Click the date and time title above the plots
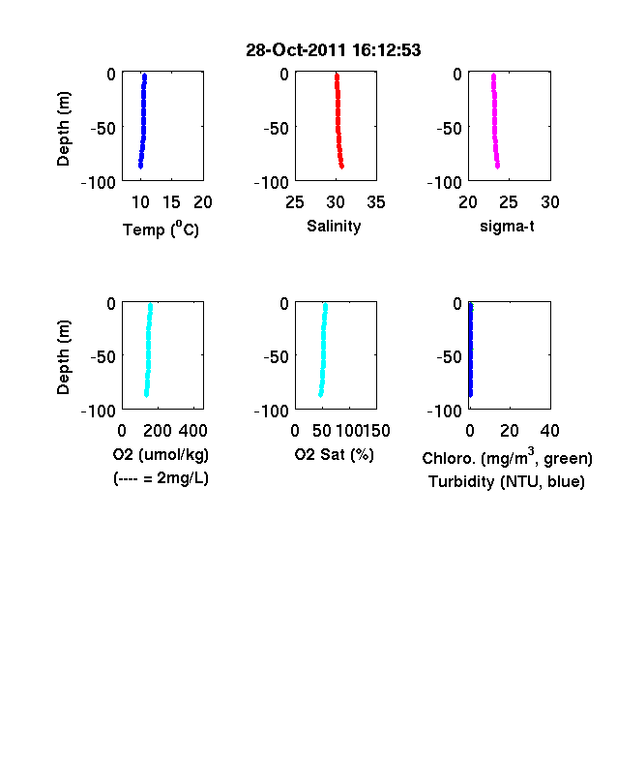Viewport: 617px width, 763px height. point(334,50)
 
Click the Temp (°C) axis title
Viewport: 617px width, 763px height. point(161,229)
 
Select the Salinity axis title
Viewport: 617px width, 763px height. point(334,227)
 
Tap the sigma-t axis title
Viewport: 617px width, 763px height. point(507,227)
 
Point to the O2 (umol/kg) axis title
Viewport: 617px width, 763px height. point(161,454)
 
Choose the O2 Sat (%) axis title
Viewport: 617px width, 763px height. point(334,454)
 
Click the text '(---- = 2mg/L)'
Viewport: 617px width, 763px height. point(161,478)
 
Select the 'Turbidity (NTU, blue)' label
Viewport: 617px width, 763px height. point(506,482)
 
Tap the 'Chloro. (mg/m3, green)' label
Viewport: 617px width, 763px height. point(507,457)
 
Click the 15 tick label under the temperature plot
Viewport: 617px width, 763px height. point(171,202)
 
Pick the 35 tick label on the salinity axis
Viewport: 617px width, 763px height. point(376,202)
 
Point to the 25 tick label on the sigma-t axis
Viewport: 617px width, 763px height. point(508,202)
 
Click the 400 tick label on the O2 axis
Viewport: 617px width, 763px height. point(192,431)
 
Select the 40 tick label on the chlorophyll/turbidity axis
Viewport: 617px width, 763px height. point(549,431)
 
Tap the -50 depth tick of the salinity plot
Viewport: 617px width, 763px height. point(276,129)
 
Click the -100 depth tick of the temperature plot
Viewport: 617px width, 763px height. point(98,183)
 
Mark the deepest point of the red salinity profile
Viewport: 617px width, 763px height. point(342,167)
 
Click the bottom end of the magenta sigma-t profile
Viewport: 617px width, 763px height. point(497,166)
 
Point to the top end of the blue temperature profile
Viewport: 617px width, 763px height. point(145,76)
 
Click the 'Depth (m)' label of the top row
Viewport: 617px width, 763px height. point(63,129)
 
